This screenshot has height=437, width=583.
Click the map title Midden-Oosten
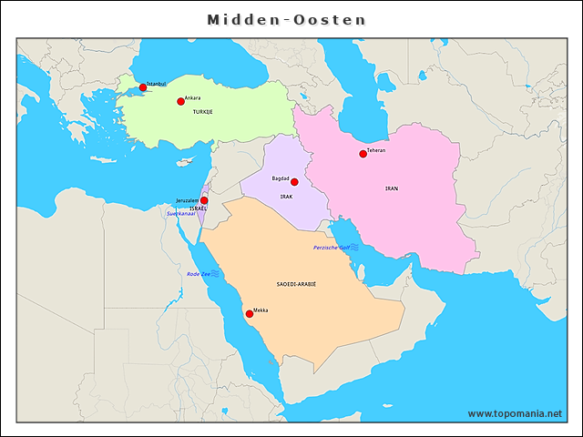[286, 19]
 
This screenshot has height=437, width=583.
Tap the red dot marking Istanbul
[143, 87]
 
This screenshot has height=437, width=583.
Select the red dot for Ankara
[180, 101]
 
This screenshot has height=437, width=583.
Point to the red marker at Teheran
[363, 154]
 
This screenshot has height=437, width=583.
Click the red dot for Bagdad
[293, 182]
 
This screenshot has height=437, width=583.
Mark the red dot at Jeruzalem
[204, 200]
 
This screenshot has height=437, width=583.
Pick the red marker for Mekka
[250, 313]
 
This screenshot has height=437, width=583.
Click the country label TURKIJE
[202, 111]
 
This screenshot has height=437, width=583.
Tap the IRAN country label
[392, 188]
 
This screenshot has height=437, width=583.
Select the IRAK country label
[286, 197]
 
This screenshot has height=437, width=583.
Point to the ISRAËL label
[198, 208]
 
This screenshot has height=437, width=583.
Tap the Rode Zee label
[198, 273]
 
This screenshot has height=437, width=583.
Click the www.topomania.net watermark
[515, 413]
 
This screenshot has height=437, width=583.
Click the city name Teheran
[376, 149]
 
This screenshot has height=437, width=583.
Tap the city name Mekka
[261, 310]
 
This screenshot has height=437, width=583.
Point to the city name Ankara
[192, 97]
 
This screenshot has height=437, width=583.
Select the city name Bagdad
[281, 178]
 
